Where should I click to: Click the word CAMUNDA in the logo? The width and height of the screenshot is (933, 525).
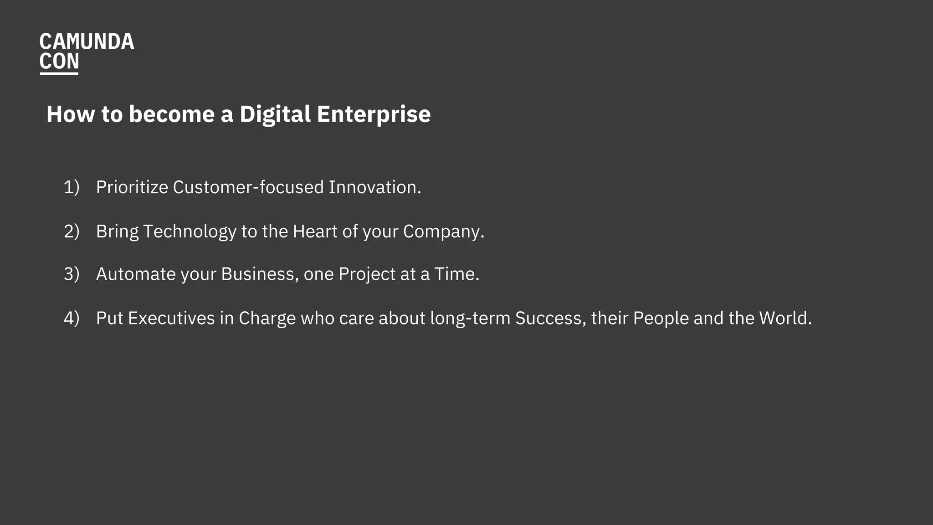click(x=87, y=42)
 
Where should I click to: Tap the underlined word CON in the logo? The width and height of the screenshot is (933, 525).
click(x=59, y=62)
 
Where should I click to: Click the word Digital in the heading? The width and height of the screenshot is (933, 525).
click(x=275, y=114)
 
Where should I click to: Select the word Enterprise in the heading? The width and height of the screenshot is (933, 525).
click(x=374, y=114)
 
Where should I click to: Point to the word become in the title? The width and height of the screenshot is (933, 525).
click(x=171, y=114)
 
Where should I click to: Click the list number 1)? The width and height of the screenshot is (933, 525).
click(x=72, y=187)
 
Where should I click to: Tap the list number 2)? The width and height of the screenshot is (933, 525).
click(x=72, y=232)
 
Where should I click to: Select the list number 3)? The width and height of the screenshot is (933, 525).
click(x=72, y=274)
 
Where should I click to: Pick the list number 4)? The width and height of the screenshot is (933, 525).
click(x=72, y=318)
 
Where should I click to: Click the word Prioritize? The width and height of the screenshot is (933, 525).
click(x=132, y=187)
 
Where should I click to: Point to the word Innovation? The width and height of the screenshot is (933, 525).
click(x=374, y=187)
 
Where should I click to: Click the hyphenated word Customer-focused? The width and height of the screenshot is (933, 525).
click(x=248, y=187)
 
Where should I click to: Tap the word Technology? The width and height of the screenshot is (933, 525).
click(x=190, y=232)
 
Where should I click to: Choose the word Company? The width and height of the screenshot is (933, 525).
click(x=443, y=232)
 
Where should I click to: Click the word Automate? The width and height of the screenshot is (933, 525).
click(x=136, y=274)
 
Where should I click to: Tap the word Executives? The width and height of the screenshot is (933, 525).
click(x=171, y=318)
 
